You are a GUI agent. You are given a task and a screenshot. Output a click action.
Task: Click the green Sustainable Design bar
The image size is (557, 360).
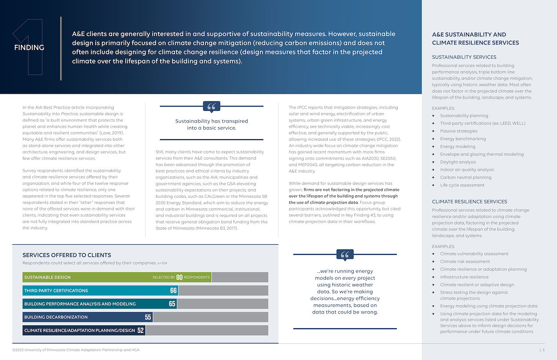(117, 277)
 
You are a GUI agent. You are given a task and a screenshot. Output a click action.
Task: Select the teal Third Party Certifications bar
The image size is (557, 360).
(101, 290)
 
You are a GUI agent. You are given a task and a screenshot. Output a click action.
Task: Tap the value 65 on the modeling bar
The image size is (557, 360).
(172, 304)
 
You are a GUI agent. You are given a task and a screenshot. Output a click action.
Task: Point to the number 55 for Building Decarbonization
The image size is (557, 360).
(148, 317)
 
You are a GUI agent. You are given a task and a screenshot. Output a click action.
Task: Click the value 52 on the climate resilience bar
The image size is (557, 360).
(141, 330)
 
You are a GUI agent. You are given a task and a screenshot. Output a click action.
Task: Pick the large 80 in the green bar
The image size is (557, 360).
(179, 277)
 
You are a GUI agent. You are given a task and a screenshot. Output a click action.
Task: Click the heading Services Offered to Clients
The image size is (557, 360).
(67, 255)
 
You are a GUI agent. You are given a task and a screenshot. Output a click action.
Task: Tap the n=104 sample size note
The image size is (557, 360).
(162, 263)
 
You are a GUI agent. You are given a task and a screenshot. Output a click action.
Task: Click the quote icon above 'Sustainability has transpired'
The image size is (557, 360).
(211, 107)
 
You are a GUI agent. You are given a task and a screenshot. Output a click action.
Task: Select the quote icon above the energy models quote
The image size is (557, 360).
(345, 255)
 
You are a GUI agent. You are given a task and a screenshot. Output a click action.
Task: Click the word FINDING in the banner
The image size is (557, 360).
(29, 47)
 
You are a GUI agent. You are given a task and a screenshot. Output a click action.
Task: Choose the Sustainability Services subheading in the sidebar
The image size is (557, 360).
(464, 57)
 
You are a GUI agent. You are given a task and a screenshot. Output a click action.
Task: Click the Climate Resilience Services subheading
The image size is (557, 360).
(470, 202)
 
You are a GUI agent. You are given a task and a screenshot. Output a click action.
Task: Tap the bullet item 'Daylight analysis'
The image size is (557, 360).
(458, 162)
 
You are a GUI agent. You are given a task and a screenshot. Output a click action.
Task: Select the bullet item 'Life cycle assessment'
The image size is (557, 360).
(462, 185)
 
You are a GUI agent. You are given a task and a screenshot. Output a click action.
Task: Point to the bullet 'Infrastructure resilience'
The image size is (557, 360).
(464, 277)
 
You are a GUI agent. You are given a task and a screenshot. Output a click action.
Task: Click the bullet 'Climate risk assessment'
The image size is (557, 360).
(465, 262)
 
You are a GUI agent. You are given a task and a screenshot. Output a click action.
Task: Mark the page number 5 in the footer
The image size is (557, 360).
(544, 350)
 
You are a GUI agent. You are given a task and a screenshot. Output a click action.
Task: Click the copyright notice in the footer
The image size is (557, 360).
(76, 350)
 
